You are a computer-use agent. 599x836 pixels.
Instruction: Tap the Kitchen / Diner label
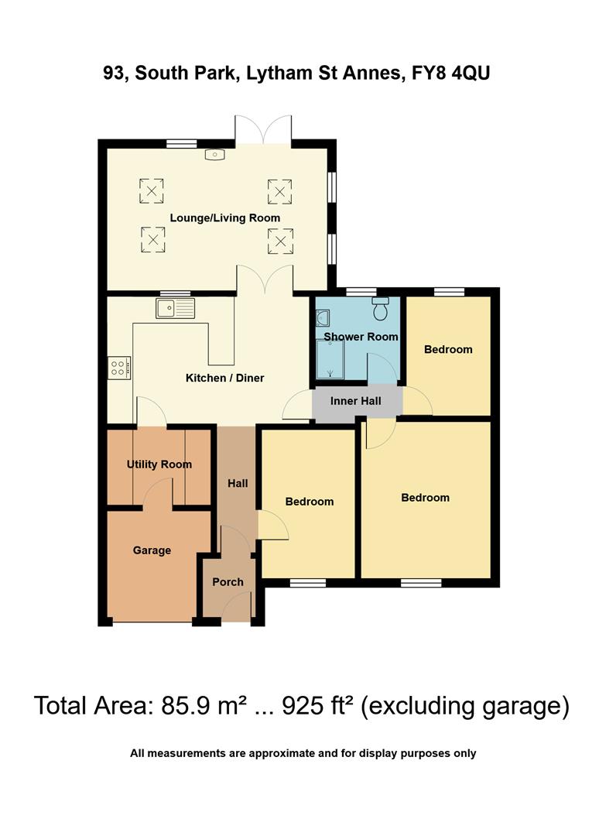coord(224,379)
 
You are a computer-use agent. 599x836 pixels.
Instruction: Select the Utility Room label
coord(159,464)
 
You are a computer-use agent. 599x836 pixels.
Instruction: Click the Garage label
coord(152,550)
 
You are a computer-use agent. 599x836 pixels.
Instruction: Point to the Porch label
coord(228,582)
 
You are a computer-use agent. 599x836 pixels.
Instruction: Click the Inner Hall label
coord(354,401)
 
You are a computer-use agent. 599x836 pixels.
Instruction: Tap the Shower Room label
coord(361,337)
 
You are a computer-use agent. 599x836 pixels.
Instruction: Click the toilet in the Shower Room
coord(380,309)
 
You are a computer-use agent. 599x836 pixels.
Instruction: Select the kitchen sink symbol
coord(176,308)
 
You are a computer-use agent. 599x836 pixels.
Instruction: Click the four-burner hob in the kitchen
coord(120,367)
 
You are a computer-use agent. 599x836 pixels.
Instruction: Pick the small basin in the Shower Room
coord(323,317)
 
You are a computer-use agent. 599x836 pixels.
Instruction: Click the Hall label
coord(238,483)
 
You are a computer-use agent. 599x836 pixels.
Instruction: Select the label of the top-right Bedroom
coord(447,349)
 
